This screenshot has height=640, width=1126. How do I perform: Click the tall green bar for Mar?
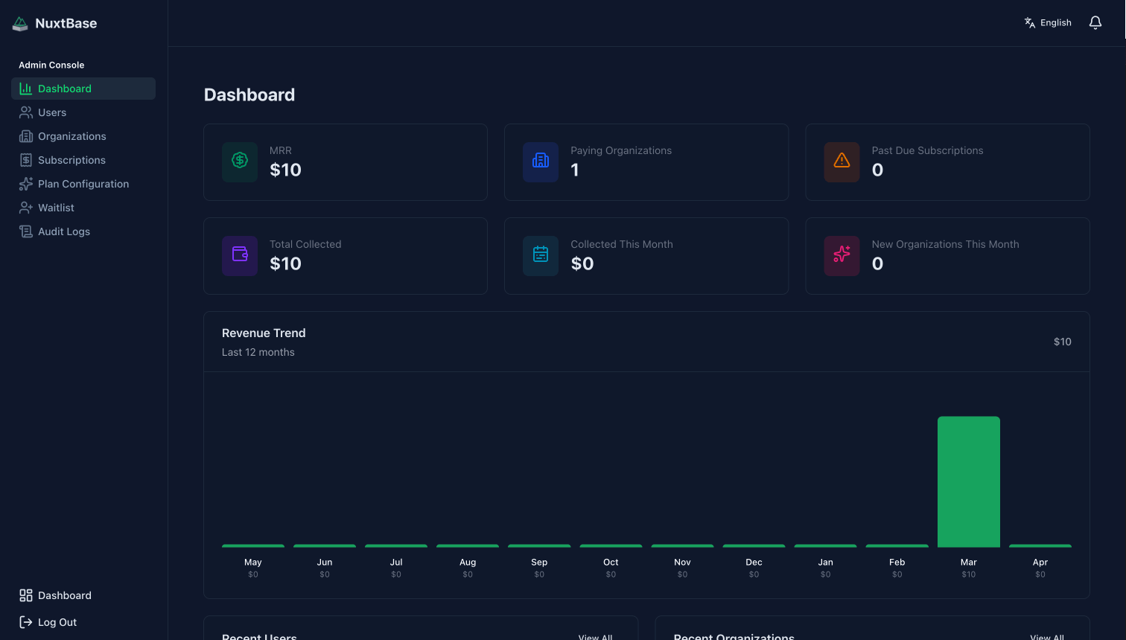pyautogui.click(x=968, y=481)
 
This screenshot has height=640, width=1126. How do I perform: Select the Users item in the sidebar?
pyautogui.click(x=52, y=112)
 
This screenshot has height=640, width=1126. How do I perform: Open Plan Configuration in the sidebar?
pyautogui.click(x=83, y=184)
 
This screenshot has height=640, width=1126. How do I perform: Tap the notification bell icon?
pyautogui.click(x=1095, y=23)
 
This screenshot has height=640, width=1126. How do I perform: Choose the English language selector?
pyautogui.click(x=1048, y=23)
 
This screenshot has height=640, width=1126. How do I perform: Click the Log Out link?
pyautogui.click(x=57, y=622)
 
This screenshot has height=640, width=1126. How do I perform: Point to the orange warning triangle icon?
pyautogui.click(x=842, y=161)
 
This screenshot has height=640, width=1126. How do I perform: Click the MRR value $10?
pyautogui.click(x=285, y=170)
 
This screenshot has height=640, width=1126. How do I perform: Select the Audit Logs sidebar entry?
pyautogui.click(x=63, y=231)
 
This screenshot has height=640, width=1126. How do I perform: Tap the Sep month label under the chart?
pyautogui.click(x=539, y=563)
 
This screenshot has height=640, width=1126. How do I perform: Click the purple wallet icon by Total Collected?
pyautogui.click(x=240, y=255)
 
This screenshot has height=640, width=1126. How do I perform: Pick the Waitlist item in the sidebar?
pyautogui.click(x=56, y=208)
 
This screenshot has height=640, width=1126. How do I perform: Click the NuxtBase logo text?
pyautogui.click(x=66, y=24)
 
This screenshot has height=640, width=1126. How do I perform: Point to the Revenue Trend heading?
pyautogui.click(x=264, y=333)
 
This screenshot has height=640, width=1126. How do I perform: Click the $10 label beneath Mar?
pyautogui.click(x=968, y=575)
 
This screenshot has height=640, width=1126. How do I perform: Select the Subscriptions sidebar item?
pyautogui.click(x=71, y=160)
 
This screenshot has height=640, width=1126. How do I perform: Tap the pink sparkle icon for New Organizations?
pyautogui.click(x=842, y=255)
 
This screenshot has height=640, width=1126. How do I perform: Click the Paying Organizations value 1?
pyautogui.click(x=575, y=170)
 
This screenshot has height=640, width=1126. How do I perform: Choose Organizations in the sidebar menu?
pyautogui.click(x=71, y=136)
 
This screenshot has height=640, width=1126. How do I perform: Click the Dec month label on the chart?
pyautogui.click(x=754, y=563)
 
